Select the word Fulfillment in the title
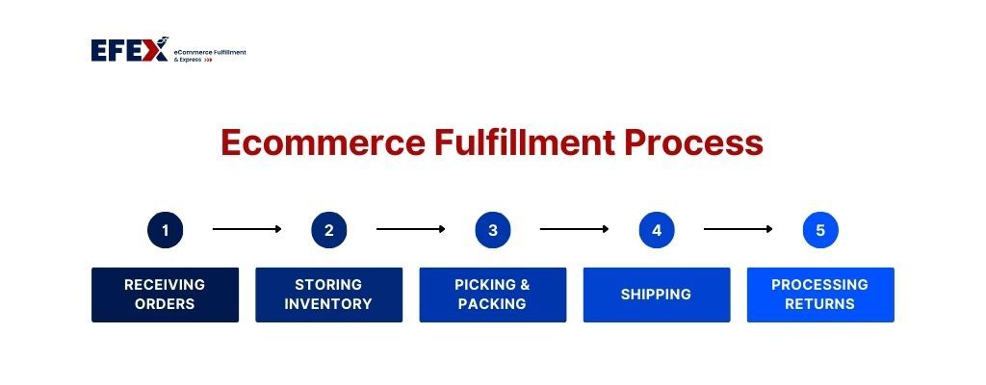[525, 142]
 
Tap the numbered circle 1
[166, 230]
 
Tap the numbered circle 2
[329, 230]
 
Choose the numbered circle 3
[493, 230]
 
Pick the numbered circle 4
[657, 230]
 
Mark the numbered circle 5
[820, 230]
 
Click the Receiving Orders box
[166, 295]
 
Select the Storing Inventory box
[329, 295]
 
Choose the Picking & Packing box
[493, 295]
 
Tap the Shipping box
[657, 295]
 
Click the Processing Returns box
[820, 295]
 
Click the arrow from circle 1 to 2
[247, 229]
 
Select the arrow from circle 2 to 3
[411, 229]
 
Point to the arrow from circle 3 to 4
[575, 229]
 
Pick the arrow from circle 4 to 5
[739, 229]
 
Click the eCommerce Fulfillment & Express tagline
[210, 56]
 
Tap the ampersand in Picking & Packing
[524, 285]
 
